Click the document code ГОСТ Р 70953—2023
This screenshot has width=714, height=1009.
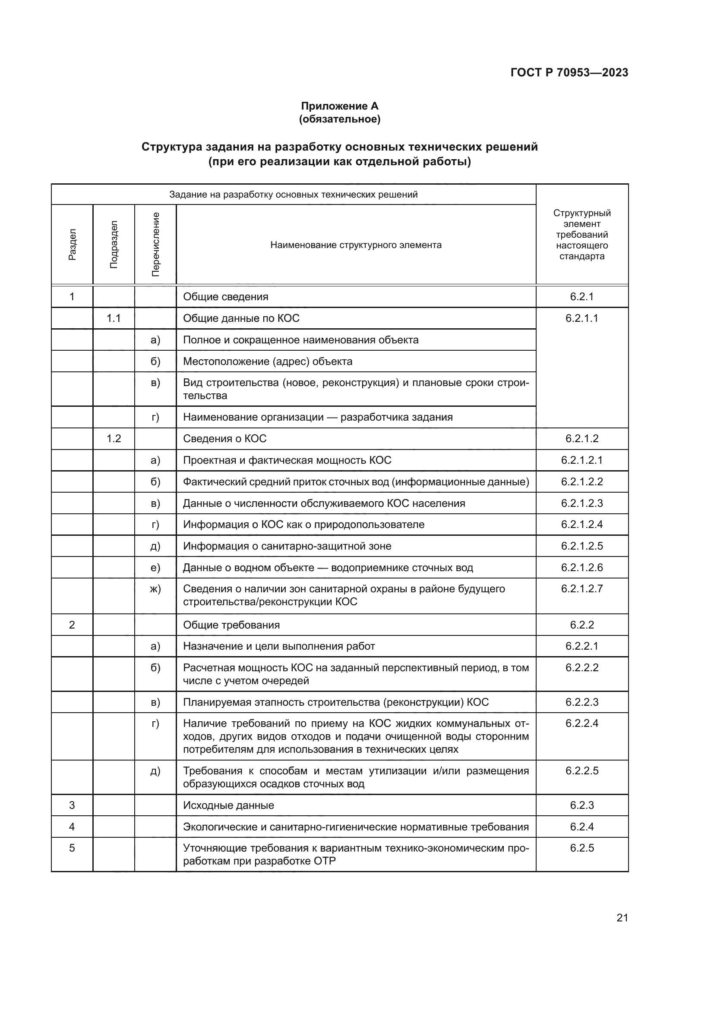(569, 72)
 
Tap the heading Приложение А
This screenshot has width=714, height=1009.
(339, 106)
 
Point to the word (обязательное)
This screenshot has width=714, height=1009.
(339, 119)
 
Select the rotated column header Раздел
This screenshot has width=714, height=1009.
(72, 244)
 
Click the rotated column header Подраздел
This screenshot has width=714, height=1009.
(114, 244)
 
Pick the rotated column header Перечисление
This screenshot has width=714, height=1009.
(155, 244)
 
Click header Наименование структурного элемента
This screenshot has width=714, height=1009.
(356, 245)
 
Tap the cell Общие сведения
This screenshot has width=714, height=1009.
(225, 297)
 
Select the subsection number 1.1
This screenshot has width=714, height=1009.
(114, 318)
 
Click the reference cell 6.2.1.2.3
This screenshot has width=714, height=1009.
(581, 503)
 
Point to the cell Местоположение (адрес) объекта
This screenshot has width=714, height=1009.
(267, 361)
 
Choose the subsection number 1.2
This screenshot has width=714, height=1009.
(114, 439)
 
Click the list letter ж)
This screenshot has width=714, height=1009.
(155, 589)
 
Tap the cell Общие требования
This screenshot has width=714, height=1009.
(231, 625)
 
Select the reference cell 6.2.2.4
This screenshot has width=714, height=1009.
(581, 723)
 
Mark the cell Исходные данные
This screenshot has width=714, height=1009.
(228, 805)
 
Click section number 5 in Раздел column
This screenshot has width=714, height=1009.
(72, 848)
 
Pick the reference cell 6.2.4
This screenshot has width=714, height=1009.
(581, 827)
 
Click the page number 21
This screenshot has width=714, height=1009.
(622, 918)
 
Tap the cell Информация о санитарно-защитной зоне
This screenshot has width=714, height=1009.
(287, 546)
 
